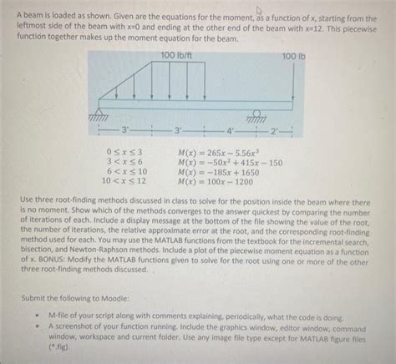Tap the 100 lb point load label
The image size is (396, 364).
pyautogui.click(x=296, y=56)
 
